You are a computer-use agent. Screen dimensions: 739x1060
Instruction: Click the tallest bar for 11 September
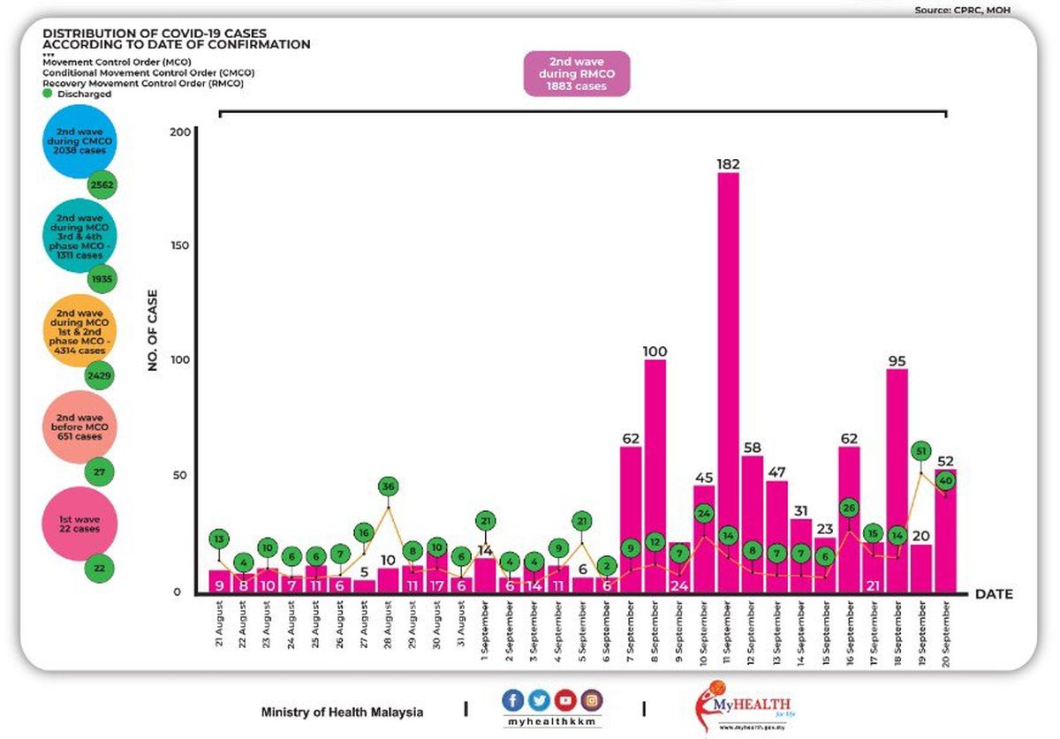pos(728,380)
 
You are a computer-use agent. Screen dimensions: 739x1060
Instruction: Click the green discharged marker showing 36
pos(389,486)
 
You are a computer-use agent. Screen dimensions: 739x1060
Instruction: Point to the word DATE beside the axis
pos(994,594)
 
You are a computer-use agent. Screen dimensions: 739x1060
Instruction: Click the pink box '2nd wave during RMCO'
pos(577,73)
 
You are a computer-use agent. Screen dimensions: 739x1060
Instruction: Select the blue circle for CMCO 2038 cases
pos(79,145)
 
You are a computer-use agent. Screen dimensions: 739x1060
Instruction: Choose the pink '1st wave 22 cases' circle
pos(78,528)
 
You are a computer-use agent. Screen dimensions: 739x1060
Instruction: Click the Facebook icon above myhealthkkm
pos(512,700)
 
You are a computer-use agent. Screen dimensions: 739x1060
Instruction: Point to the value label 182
pos(728,164)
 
